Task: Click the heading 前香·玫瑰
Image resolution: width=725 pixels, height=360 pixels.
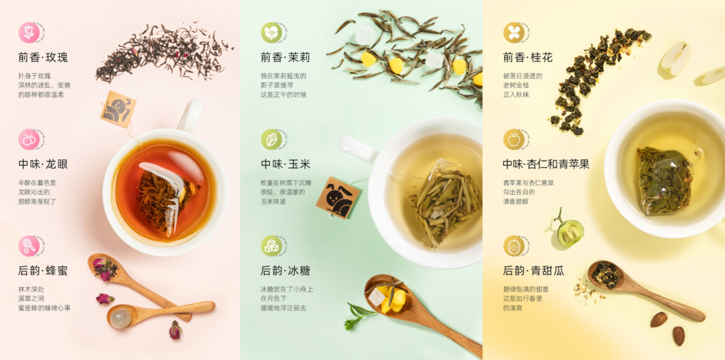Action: click(43, 58)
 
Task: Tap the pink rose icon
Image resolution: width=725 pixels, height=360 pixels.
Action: click(29, 33)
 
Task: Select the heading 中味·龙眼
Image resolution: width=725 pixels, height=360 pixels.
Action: click(43, 165)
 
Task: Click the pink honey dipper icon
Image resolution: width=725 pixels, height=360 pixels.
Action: click(29, 246)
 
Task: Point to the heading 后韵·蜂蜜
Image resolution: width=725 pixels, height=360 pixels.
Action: click(43, 271)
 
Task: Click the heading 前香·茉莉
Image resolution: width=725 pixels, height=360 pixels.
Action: click(285, 58)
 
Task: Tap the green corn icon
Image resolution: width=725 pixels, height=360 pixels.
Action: click(271, 139)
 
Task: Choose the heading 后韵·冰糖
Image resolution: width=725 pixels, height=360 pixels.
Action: click(285, 271)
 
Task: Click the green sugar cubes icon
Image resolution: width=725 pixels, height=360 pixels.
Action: click(271, 246)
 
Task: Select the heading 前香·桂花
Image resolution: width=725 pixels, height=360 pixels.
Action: click(528, 58)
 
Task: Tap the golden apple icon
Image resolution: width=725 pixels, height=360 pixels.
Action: click(514, 139)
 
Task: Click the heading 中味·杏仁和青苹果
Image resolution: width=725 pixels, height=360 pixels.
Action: click(546, 165)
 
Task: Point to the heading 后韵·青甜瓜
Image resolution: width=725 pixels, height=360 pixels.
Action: click(534, 271)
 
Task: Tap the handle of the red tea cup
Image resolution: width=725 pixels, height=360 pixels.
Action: click(189, 116)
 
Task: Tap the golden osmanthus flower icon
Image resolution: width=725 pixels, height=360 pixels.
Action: click(514, 33)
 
